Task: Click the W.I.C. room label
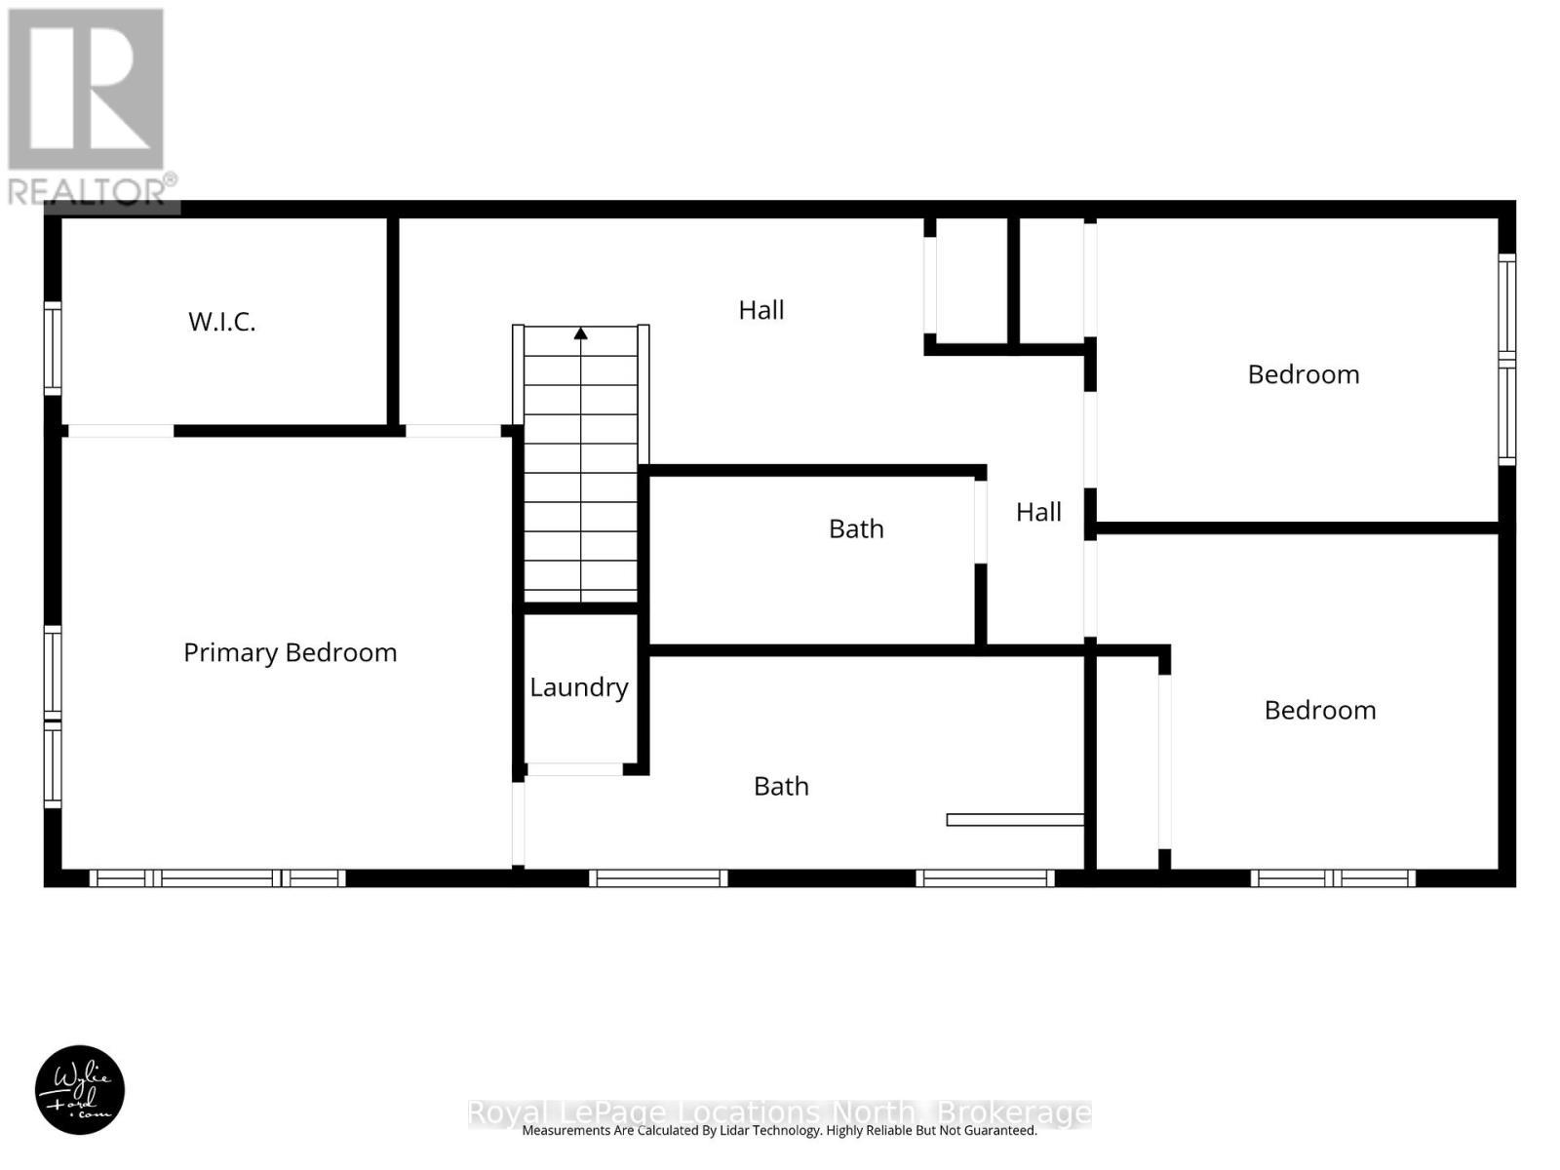(222, 322)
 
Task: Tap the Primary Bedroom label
(290, 652)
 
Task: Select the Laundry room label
(579, 687)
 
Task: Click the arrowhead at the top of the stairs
(581, 333)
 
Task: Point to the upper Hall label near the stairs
(760, 310)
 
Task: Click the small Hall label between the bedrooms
(1038, 512)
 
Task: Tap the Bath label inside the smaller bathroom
(856, 528)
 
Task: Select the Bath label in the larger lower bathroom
(781, 786)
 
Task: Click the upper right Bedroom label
(1304, 374)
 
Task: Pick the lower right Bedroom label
(1320, 710)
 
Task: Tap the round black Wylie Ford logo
(80, 1090)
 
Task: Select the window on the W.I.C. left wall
(53, 348)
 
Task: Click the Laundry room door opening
(574, 769)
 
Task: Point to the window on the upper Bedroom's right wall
(1506, 359)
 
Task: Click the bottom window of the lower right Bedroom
(1333, 878)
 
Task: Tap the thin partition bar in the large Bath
(1015, 820)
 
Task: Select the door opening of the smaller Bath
(981, 522)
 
